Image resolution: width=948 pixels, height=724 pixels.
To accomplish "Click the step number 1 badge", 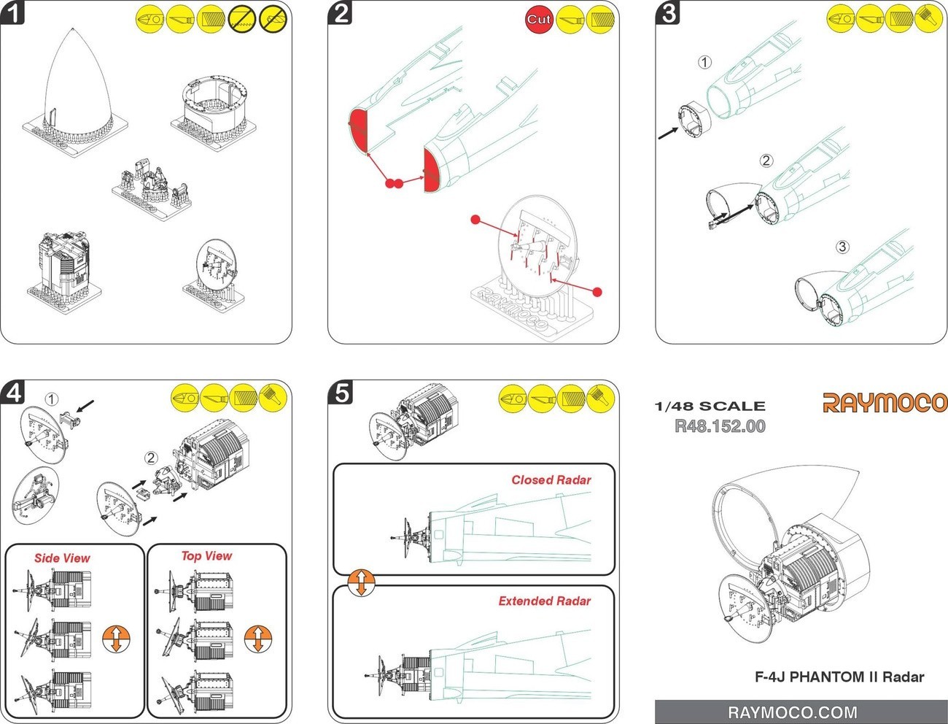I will pyautogui.click(x=13, y=12).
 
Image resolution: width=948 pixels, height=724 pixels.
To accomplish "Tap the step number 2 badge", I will pyautogui.click(x=341, y=12).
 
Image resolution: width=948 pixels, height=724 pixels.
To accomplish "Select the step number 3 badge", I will pyautogui.click(x=669, y=12).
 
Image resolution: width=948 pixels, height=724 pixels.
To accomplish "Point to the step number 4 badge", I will pyautogui.click(x=13, y=393).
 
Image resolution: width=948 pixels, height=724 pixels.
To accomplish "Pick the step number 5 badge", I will pyautogui.click(x=341, y=393).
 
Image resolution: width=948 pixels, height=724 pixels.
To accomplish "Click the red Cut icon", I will pyautogui.click(x=539, y=19).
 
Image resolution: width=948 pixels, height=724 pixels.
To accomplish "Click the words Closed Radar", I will pyautogui.click(x=551, y=480).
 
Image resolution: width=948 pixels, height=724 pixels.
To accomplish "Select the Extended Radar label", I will pyautogui.click(x=544, y=601).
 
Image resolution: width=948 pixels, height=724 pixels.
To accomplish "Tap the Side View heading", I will pyautogui.click(x=62, y=558).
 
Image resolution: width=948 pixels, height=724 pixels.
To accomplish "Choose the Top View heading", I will pyautogui.click(x=206, y=556).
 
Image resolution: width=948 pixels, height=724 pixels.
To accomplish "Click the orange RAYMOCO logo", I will pyautogui.click(x=885, y=403).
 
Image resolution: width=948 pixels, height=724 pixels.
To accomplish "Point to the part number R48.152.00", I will pyautogui.click(x=720, y=426).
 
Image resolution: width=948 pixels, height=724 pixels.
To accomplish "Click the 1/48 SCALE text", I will pyautogui.click(x=710, y=406).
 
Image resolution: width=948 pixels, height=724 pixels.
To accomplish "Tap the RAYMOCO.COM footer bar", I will pyautogui.click(x=792, y=712).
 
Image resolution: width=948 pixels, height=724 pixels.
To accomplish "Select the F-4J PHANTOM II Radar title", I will pyautogui.click(x=839, y=677).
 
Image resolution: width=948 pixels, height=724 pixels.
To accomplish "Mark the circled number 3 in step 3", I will pyautogui.click(x=842, y=247).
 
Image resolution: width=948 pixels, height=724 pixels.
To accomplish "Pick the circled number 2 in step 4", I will pyautogui.click(x=151, y=458).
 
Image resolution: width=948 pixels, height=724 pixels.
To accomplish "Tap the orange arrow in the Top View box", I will pyautogui.click(x=257, y=639).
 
